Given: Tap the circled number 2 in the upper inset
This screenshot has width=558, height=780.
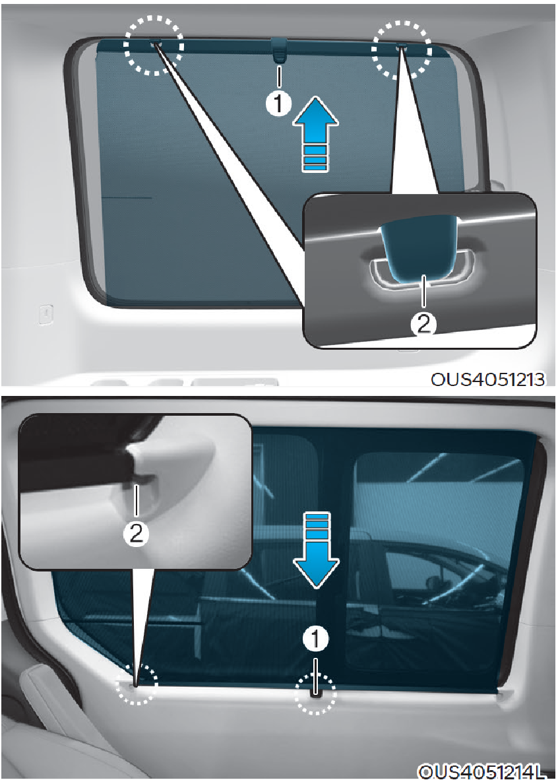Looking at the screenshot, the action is pos(423,324).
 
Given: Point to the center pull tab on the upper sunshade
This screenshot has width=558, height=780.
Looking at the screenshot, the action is pos(280,50).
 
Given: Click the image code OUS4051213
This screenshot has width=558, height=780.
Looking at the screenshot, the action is pos(488,379).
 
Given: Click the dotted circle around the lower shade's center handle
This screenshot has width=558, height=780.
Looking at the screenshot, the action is pos(315,694).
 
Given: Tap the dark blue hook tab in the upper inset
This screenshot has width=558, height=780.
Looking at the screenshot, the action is pos(419,245).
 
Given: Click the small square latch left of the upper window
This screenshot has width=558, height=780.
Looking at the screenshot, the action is pos(46,314).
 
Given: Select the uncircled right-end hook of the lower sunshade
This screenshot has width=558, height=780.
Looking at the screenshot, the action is pos(504,694).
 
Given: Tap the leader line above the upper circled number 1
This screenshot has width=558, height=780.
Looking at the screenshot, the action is pos(279,78).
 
